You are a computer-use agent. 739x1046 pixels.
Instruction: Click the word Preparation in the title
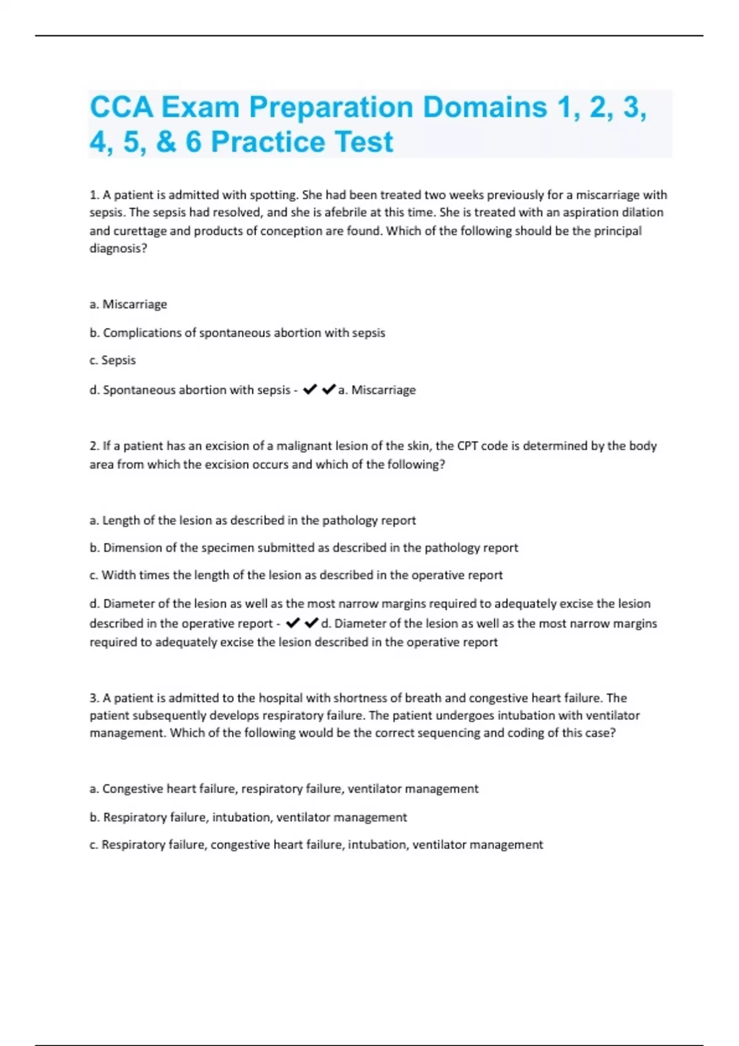(335, 107)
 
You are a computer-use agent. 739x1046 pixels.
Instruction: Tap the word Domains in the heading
(485, 107)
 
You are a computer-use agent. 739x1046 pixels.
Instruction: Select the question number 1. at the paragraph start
(94, 195)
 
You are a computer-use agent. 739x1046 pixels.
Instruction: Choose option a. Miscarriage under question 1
(128, 304)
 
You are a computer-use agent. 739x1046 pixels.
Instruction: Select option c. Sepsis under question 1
(113, 360)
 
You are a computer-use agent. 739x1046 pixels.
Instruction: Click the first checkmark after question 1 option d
(310, 389)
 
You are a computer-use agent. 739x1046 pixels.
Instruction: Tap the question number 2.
(94, 445)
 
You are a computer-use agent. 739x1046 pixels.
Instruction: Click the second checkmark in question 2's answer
(312, 623)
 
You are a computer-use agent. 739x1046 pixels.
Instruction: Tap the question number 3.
(94, 698)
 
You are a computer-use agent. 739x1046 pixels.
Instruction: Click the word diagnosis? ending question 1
(118, 249)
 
